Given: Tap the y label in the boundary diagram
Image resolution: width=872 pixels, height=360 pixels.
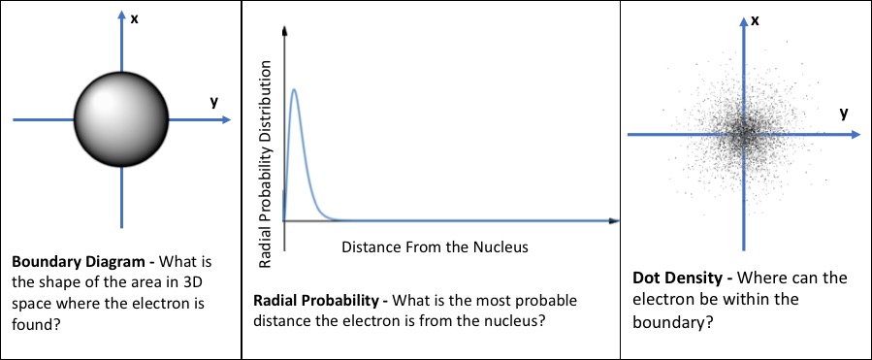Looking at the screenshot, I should pos(212,102).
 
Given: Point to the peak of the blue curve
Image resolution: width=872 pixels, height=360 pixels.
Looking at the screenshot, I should pos(294,90).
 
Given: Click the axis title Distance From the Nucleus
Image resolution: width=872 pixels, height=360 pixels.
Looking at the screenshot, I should pos(435,246).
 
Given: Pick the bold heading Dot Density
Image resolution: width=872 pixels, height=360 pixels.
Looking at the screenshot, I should pos(674,278).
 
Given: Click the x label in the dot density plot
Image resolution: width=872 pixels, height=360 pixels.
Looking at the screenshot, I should pos(754,19).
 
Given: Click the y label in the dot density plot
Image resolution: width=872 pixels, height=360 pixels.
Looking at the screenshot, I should pos(844,114).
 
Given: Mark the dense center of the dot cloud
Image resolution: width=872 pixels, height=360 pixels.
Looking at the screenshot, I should pos(744,135).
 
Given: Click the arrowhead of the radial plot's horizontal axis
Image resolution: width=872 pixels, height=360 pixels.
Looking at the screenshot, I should pos(613,221).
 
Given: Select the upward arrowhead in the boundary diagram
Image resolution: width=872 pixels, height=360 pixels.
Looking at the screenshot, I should pos(122,18).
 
